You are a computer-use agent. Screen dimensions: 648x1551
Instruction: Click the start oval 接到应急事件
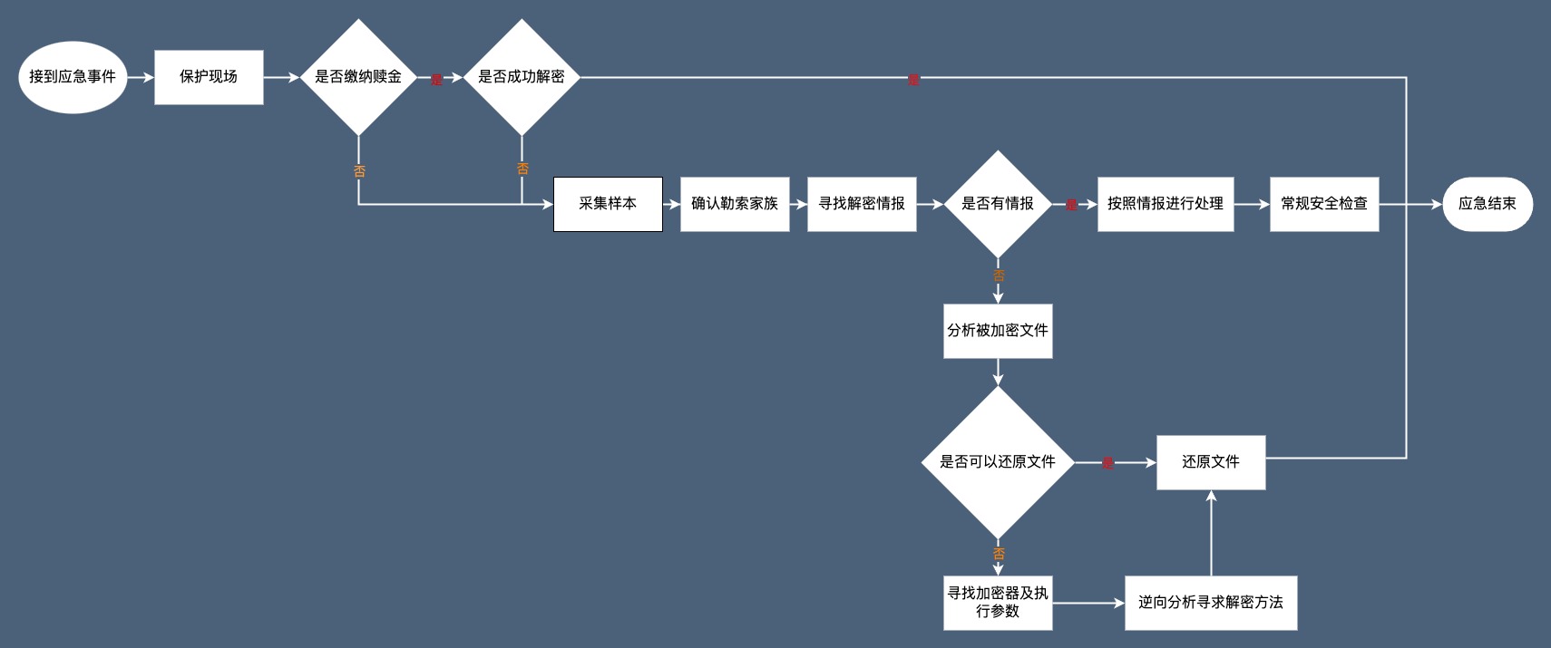(x=73, y=77)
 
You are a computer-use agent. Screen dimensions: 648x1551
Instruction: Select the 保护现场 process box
(x=209, y=77)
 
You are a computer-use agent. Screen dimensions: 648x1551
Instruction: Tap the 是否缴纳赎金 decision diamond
(x=358, y=77)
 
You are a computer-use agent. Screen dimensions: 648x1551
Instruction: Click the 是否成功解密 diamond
(x=522, y=77)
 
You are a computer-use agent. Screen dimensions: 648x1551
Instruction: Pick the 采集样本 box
(x=608, y=204)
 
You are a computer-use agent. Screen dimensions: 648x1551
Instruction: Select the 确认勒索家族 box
(x=735, y=204)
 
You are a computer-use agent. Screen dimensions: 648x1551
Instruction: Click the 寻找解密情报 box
(x=862, y=204)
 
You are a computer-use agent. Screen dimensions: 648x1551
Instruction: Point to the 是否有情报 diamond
(x=998, y=204)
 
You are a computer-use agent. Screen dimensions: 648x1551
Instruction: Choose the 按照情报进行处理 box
(x=1166, y=204)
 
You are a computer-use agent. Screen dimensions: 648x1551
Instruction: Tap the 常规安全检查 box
(x=1324, y=204)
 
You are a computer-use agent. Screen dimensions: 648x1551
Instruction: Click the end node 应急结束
(x=1488, y=204)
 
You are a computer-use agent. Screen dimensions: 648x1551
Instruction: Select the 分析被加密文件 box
(x=998, y=331)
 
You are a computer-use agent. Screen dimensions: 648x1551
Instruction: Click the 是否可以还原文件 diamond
(x=998, y=462)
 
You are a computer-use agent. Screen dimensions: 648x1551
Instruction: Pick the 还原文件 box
(x=1211, y=462)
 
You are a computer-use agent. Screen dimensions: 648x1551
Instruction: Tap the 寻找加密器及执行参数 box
(x=998, y=603)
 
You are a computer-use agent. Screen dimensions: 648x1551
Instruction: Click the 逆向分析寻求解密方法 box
(x=1211, y=603)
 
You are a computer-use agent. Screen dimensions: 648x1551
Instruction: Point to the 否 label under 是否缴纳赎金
(x=359, y=171)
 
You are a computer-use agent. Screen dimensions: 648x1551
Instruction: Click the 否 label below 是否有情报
(x=999, y=276)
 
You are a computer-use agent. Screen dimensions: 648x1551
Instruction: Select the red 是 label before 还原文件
(x=1107, y=463)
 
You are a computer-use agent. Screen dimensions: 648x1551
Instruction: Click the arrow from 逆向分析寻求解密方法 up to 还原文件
(x=1211, y=535)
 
